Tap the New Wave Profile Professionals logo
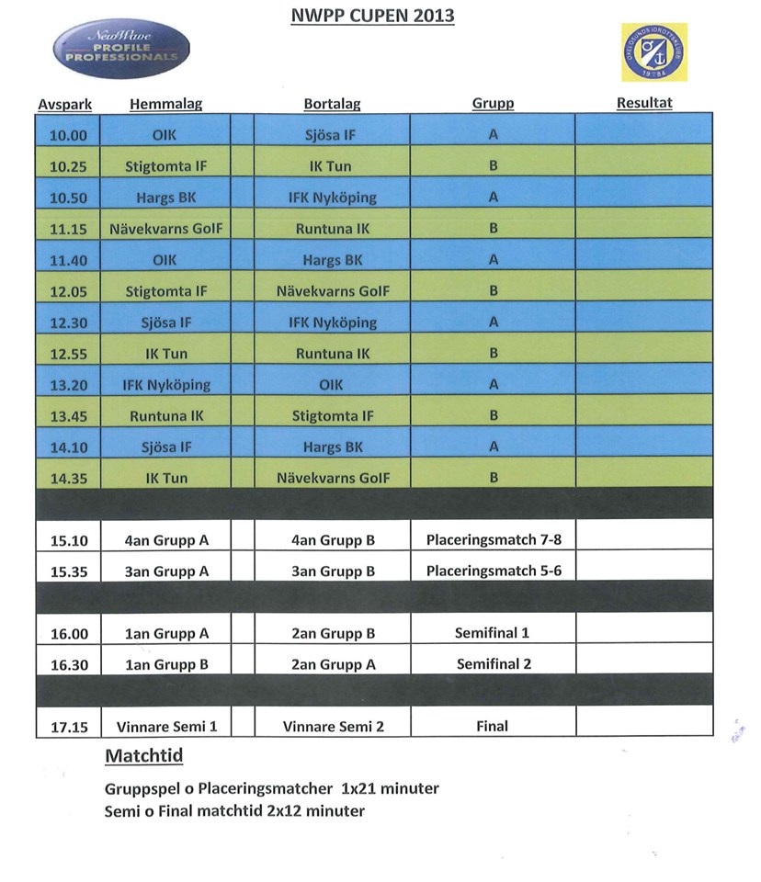[121, 50]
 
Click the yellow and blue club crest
[653, 52]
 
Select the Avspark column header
[64, 105]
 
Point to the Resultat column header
[643, 103]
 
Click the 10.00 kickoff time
[68, 136]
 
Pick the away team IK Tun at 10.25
[330, 167]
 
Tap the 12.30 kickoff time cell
[68, 323]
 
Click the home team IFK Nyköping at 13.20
[166, 385]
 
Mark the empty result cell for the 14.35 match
[643, 478]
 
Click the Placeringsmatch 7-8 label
[494, 540]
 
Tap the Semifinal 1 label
[493, 633]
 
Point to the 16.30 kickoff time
[68, 665]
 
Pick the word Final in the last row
[493, 727]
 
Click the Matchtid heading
[143, 757]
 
